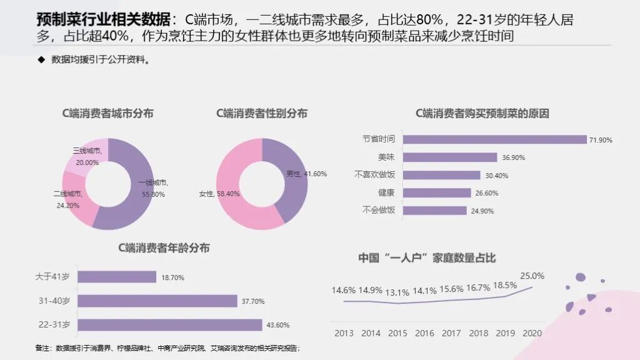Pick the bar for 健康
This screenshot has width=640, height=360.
(x=437, y=193)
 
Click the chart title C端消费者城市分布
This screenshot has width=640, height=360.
(x=107, y=113)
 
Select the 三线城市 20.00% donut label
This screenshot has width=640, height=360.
(x=86, y=156)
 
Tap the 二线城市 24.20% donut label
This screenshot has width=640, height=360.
(x=67, y=199)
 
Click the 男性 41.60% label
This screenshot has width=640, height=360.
(x=306, y=174)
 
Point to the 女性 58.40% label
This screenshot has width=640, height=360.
(x=219, y=194)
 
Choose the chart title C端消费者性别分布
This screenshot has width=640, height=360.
(x=262, y=113)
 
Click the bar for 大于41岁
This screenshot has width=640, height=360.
(x=117, y=277)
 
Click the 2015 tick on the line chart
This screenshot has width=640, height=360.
(x=397, y=333)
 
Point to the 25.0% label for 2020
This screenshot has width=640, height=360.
(x=531, y=276)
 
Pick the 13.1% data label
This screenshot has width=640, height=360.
(x=397, y=292)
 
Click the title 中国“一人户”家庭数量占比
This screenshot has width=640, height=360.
(x=427, y=257)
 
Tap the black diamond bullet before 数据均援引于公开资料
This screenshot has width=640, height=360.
(x=41, y=61)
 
